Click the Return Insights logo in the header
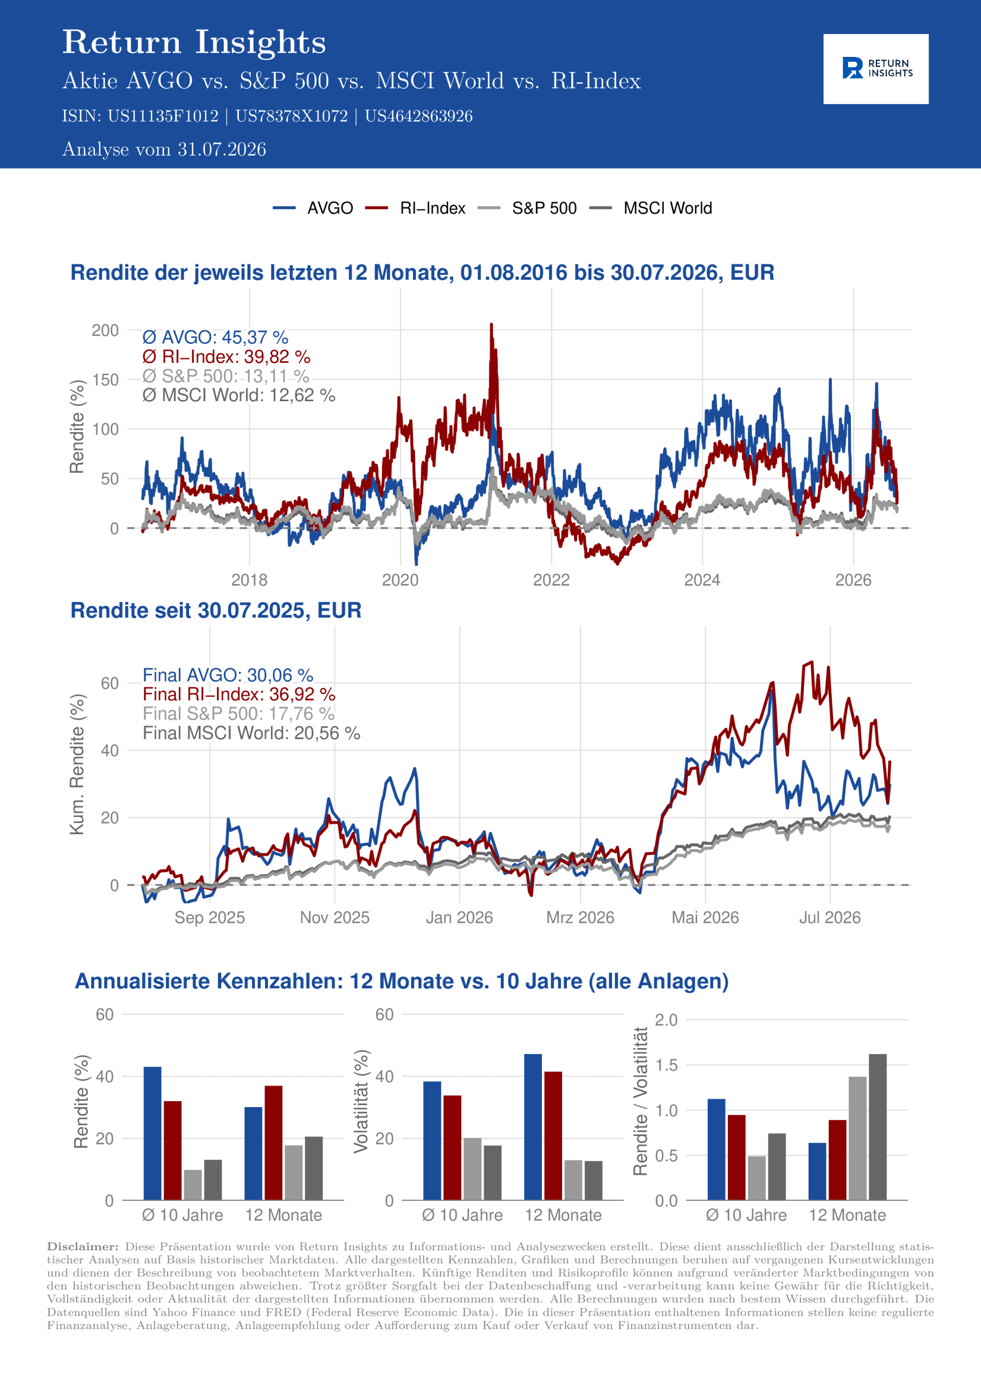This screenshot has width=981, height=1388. pyautogui.click(x=876, y=68)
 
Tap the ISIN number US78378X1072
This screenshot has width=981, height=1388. pyautogui.click(x=292, y=116)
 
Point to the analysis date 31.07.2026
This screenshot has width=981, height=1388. pyautogui.click(x=222, y=149)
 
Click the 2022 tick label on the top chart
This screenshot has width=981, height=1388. pyautogui.click(x=551, y=580)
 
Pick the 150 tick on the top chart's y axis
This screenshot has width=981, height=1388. pyautogui.click(x=105, y=380)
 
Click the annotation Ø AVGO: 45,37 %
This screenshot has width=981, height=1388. pyautogui.click(x=215, y=337)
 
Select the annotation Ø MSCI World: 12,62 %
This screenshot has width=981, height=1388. pyautogui.click(x=239, y=395)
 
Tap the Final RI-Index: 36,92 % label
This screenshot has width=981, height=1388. pyautogui.click(x=239, y=694)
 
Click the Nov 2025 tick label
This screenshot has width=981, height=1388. pyautogui.click(x=335, y=918)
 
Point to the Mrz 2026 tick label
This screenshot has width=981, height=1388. pyautogui.click(x=580, y=918)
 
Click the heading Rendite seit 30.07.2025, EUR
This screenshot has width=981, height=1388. pyautogui.click(x=216, y=611)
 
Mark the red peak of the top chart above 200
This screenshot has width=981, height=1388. pyautogui.click(x=492, y=325)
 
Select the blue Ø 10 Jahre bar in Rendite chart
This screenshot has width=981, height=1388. pyautogui.click(x=152, y=1134)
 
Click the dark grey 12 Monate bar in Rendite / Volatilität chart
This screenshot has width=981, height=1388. pyautogui.click(x=877, y=1127)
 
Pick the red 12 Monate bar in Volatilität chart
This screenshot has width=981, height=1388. pyautogui.click(x=553, y=1136)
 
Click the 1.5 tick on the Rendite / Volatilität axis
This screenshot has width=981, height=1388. pyautogui.click(x=667, y=1065)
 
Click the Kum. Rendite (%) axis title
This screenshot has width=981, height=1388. pyautogui.click(x=78, y=764)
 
